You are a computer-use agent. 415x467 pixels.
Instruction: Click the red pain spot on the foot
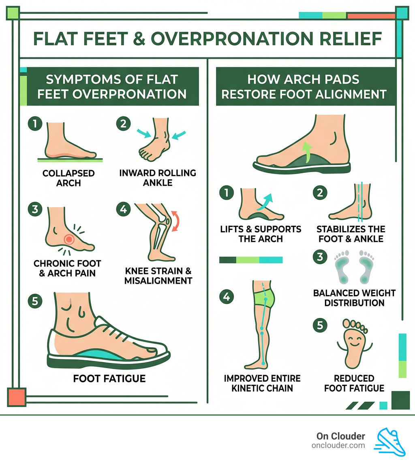(x=69, y=239)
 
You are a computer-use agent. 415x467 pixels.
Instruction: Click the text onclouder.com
(x=338, y=445)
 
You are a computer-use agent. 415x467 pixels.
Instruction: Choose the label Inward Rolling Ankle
(x=158, y=178)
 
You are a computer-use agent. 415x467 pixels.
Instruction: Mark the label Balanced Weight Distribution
(x=354, y=298)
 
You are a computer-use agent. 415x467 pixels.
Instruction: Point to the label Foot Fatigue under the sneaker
(x=109, y=379)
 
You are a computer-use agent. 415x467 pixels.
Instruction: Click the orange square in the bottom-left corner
(x=17, y=397)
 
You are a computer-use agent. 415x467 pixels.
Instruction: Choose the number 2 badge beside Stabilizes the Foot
(x=320, y=193)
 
